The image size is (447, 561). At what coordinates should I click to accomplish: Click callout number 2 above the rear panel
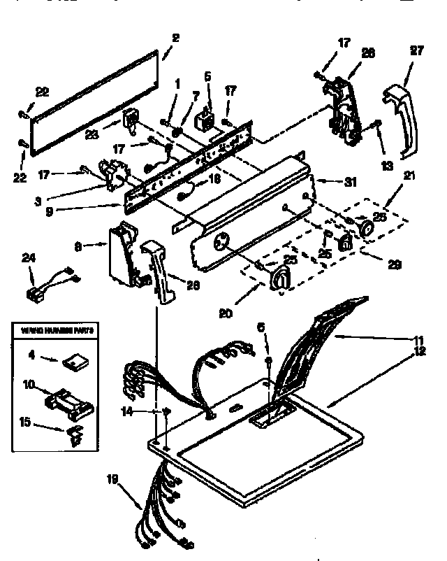coord(175,38)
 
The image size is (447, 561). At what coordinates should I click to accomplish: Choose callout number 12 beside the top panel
coord(420,351)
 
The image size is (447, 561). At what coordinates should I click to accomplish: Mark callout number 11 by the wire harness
coord(420,339)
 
